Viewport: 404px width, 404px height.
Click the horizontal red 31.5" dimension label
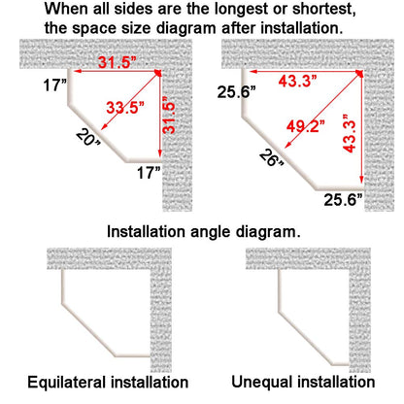(x=115, y=62)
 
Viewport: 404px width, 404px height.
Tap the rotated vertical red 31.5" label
(x=169, y=116)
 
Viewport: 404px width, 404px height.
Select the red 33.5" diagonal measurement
(x=125, y=107)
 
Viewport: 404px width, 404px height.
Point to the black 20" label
(x=88, y=138)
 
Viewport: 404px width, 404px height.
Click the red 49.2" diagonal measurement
(x=305, y=125)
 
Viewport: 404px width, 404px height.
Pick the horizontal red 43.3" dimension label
(x=297, y=81)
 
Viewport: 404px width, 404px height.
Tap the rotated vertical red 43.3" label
(x=350, y=133)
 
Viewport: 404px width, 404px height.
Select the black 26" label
(x=271, y=158)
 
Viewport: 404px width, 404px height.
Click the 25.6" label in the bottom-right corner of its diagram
(x=343, y=200)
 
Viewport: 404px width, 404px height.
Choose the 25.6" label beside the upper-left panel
(x=236, y=92)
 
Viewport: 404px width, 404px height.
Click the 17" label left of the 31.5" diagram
(x=55, y=85)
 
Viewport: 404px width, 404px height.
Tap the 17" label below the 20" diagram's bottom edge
(x=149, y=173)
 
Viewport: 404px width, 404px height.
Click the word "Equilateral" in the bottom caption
(x=67, y=382)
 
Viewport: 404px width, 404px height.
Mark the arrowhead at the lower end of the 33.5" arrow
(x=103, y=127)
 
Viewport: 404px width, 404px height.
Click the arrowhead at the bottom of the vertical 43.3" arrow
(x=361, y=180)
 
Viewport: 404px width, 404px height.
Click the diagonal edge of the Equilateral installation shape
(x=88, y=330)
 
